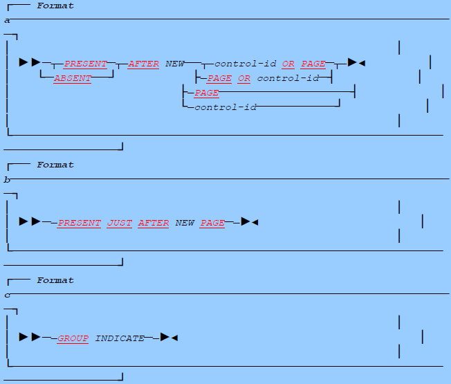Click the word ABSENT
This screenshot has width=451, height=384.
[73, 78]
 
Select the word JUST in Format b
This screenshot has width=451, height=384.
[119, 223]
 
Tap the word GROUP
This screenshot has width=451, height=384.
[73, 338]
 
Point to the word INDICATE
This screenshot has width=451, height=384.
[120, 338]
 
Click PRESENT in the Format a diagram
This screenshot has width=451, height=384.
[86, 64]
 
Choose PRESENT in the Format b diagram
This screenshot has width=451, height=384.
[79, 223]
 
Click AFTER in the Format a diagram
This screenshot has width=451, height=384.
[143, 64]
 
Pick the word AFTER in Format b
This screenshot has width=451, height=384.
[154, 223]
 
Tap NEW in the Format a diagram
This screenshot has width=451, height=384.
[174, 64]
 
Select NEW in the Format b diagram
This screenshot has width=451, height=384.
[185, 223]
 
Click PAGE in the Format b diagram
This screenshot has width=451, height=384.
[212, 223]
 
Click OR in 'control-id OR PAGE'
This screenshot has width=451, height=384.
[288, 64]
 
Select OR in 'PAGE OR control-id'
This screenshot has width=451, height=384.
[244, 78]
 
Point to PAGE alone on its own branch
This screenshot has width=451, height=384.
[207, 93]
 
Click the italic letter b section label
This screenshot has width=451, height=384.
[7, 180]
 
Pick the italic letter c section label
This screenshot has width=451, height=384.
[7, 295]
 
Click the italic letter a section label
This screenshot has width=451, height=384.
[7, 21]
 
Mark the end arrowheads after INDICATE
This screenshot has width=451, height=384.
[169, 338]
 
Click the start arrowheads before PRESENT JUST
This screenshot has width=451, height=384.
[30, 222]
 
